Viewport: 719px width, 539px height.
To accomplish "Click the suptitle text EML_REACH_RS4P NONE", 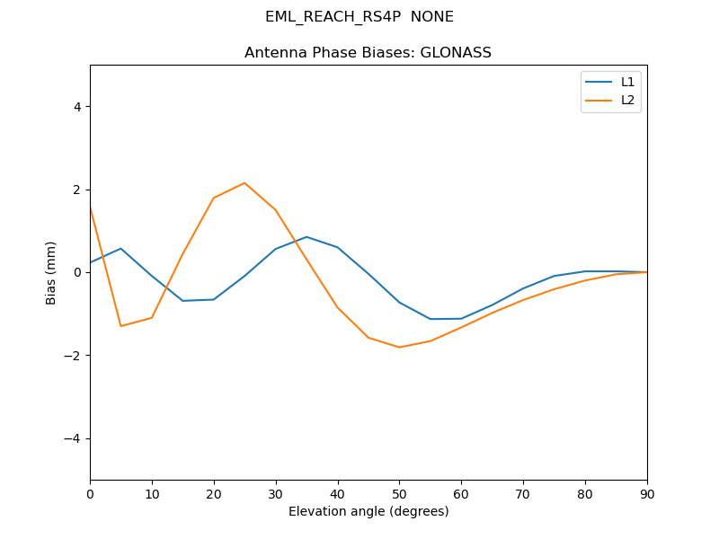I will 359,17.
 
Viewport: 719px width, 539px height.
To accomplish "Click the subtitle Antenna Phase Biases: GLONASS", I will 368,53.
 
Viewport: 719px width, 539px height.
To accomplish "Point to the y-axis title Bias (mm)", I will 51,272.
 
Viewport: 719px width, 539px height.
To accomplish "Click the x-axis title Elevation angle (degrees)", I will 368,511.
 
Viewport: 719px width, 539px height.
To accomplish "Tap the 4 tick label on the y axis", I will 76,107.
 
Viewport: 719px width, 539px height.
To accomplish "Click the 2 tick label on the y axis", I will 76,190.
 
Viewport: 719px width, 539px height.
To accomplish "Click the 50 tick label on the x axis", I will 399,492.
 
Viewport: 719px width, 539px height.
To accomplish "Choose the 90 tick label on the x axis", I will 647,492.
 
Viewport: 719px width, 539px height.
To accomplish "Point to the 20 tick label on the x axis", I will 214,492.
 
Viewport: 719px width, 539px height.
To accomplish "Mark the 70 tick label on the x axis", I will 523,492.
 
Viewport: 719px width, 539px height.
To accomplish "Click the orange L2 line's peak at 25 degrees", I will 244,183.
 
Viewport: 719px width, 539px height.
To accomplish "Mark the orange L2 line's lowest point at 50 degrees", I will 399,348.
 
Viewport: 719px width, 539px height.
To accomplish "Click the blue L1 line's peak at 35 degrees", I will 306,237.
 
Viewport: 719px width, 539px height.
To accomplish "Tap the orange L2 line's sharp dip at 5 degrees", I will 120,326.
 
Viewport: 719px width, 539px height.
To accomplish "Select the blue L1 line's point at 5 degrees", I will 120,249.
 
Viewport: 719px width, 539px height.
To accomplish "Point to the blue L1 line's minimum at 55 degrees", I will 431,319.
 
